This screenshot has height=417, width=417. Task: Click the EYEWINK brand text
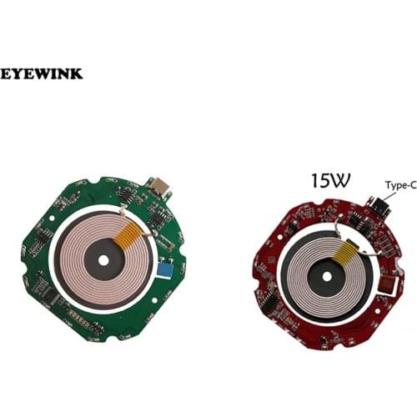[x=42, y=74]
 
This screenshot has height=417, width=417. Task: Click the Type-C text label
[x=400, y=186]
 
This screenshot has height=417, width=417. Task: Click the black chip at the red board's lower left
[x=271, y=304]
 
